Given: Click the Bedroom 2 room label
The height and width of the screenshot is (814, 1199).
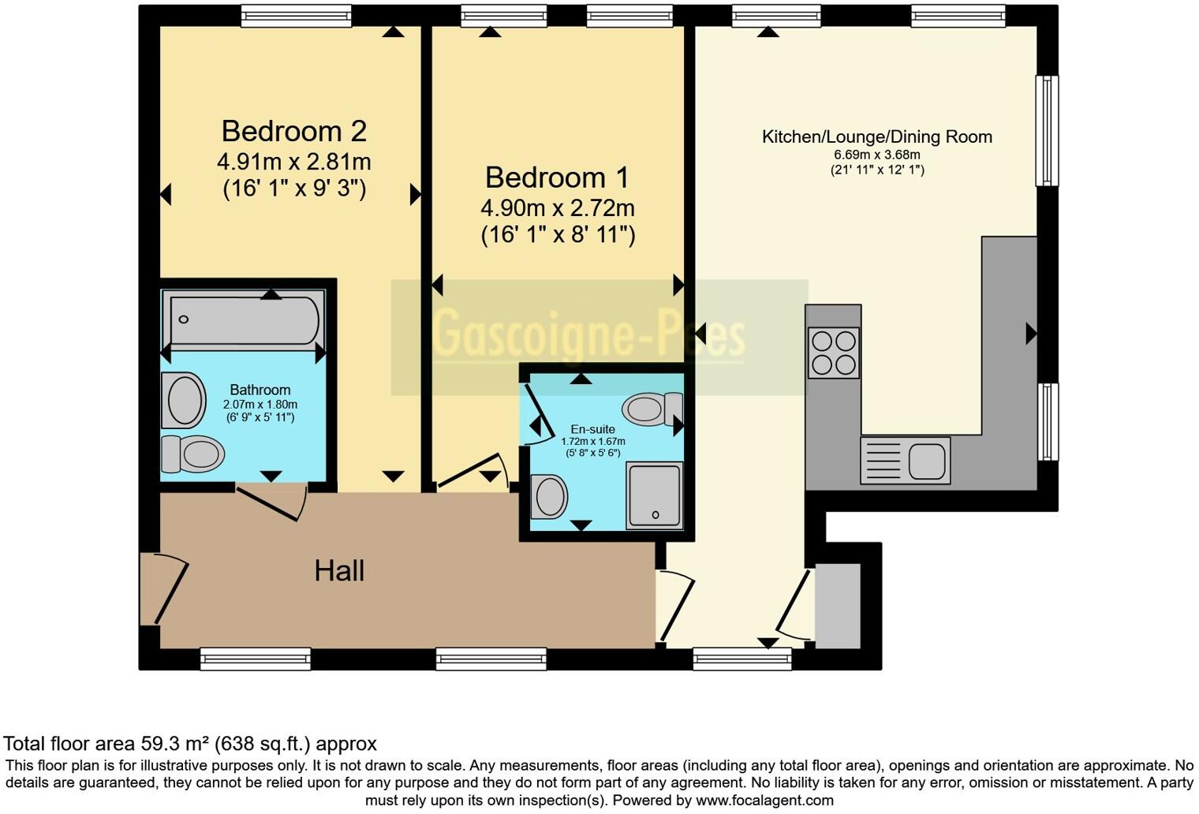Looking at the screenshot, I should coord(293,131).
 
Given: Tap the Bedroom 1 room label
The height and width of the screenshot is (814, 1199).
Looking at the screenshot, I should coord(557,177).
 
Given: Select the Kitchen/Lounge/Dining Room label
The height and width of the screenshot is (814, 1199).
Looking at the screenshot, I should coord(876,137).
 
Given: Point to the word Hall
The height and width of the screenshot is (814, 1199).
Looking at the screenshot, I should coord(339,571).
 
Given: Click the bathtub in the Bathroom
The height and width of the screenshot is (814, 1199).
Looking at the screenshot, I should coord(245,320).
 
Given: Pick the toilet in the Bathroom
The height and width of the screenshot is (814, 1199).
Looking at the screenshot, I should coord(193,454).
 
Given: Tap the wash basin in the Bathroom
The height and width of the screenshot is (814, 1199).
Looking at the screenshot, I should coord(184,401).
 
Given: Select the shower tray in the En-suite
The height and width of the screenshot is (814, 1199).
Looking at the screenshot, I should coord(654,495).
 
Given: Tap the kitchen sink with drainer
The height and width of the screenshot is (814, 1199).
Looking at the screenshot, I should coord(905,460).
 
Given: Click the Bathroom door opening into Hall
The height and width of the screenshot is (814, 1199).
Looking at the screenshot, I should coord(271,502).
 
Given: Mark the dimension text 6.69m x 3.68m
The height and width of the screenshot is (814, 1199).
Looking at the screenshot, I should coord(876,155).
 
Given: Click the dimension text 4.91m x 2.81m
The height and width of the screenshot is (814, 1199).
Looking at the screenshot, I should coord(293,162).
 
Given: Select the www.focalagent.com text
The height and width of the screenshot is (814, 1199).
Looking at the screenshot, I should coord(764,801).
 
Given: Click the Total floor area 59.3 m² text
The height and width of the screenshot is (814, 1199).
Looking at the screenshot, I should coord(190,744).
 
